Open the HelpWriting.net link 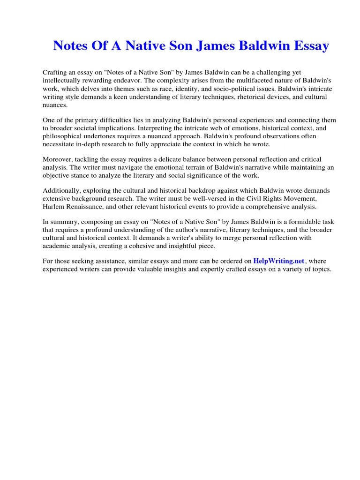pyautogui.click(x=279, y=261)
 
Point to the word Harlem pyautogui.click(x=53, y=207)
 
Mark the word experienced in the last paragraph pyautogui.click(x=61, y=270)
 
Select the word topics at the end pyautogui.click(x=321, y=270)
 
